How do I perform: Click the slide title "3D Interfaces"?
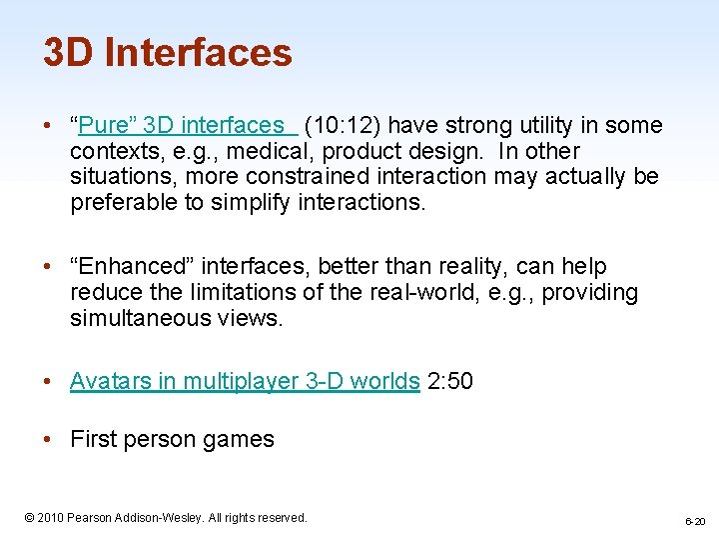click(167, 52)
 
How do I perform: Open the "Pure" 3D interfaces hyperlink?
click(181, 126)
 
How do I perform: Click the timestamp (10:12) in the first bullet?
click(342, 126)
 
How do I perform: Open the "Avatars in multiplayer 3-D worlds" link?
click(245, 381)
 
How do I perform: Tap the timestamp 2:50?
click(449, 381)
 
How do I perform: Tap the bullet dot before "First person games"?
click(49, 439)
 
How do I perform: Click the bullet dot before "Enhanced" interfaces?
click(49, 267)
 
